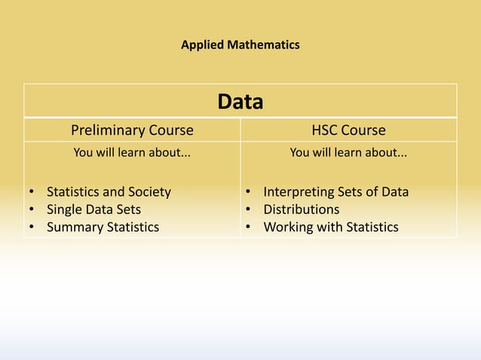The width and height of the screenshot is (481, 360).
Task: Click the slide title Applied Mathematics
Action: [x=240, y=45]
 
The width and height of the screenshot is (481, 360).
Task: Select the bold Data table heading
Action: [x=240, y=102]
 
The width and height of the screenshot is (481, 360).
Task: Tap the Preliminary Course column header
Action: [x=132, y=130]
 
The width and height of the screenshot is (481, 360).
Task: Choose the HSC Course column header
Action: [x=348, y=130]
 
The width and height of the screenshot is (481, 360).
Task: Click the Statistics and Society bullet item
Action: [x=109, y=192]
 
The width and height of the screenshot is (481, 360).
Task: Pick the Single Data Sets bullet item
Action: [x=93, y=209]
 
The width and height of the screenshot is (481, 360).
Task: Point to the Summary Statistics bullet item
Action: [x=103, y=227]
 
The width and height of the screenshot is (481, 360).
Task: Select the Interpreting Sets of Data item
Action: [x=335, y=192]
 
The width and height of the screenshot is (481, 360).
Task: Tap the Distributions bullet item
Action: [x=301, y=209]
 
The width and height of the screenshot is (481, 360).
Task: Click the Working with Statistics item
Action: [x=330, y=227]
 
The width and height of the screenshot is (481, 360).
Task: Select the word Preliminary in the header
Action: [x=106, y=130]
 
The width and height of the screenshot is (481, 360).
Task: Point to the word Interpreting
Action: [x=299, y=192]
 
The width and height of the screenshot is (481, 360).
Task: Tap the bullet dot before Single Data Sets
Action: [x=32, y=209]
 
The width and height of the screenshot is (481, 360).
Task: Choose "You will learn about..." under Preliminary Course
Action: [x=131, y=154]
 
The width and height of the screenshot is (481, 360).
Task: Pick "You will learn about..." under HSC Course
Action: [x=348, y=154]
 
